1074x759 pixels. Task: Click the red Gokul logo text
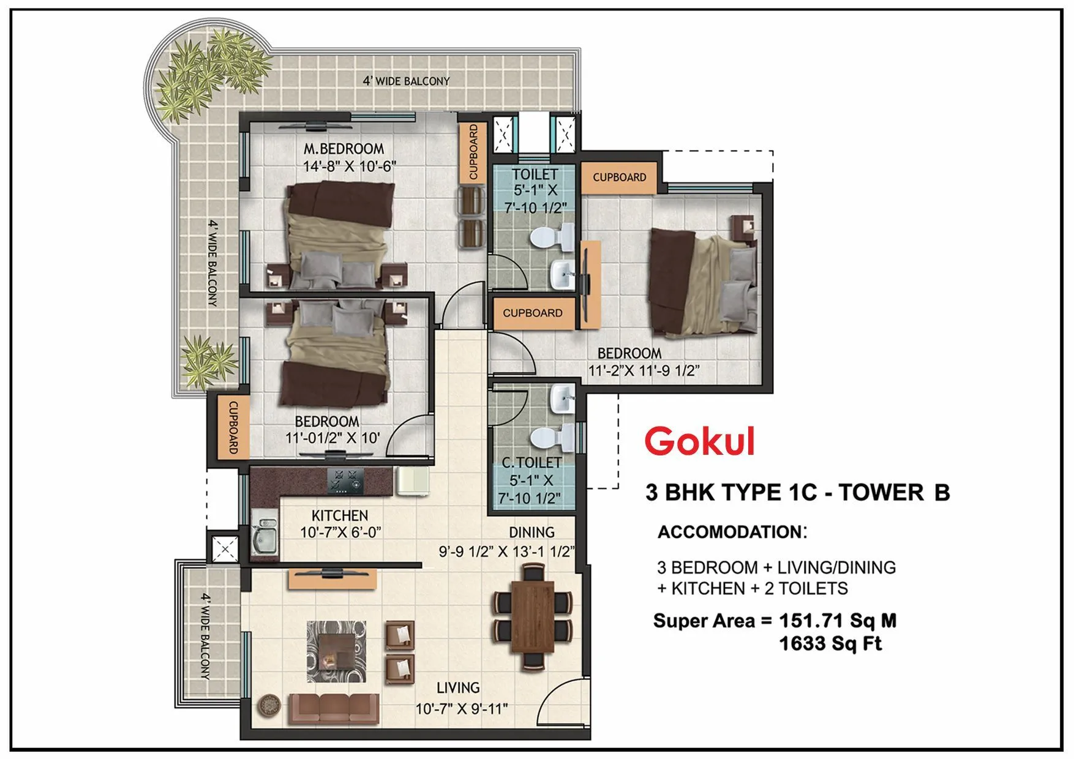[x=700, y=441]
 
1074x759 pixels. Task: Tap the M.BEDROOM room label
[x=344, y=149]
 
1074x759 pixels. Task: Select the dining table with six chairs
[x=532, y=618]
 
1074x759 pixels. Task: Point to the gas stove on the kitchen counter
[x=345, y=480]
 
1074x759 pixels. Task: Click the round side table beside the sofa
[x=268, y=706]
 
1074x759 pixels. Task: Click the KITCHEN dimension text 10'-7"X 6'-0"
[x=340, y=533]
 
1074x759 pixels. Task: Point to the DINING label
[x=531, y=533]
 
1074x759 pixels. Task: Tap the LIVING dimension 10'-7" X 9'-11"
[x=462, y=709]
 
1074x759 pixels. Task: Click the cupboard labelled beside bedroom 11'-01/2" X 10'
[x=233, y=427]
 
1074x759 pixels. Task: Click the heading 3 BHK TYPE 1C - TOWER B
[x=797, y=493]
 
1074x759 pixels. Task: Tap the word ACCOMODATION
[x=729, y=532]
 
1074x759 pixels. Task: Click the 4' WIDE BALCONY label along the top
[x=406, y=81]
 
